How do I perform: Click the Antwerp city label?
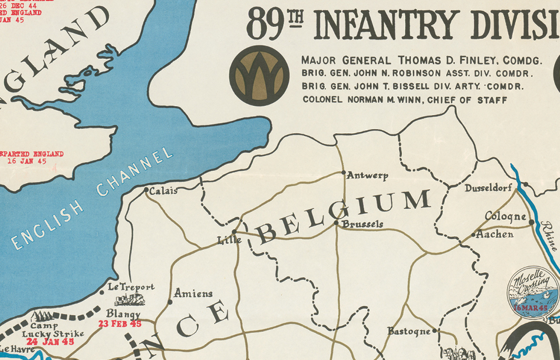click(367, 176)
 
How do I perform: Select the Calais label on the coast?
click(163, 191)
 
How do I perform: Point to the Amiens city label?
click(193, 293)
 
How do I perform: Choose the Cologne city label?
click(505, 217)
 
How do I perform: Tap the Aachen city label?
click(495, 235)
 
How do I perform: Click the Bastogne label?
click(409, 332)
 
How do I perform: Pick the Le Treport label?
click(131, 288)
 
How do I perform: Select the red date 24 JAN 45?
click(50, 342)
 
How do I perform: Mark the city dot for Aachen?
click(473, 235)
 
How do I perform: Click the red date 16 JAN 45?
click(35, 161)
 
